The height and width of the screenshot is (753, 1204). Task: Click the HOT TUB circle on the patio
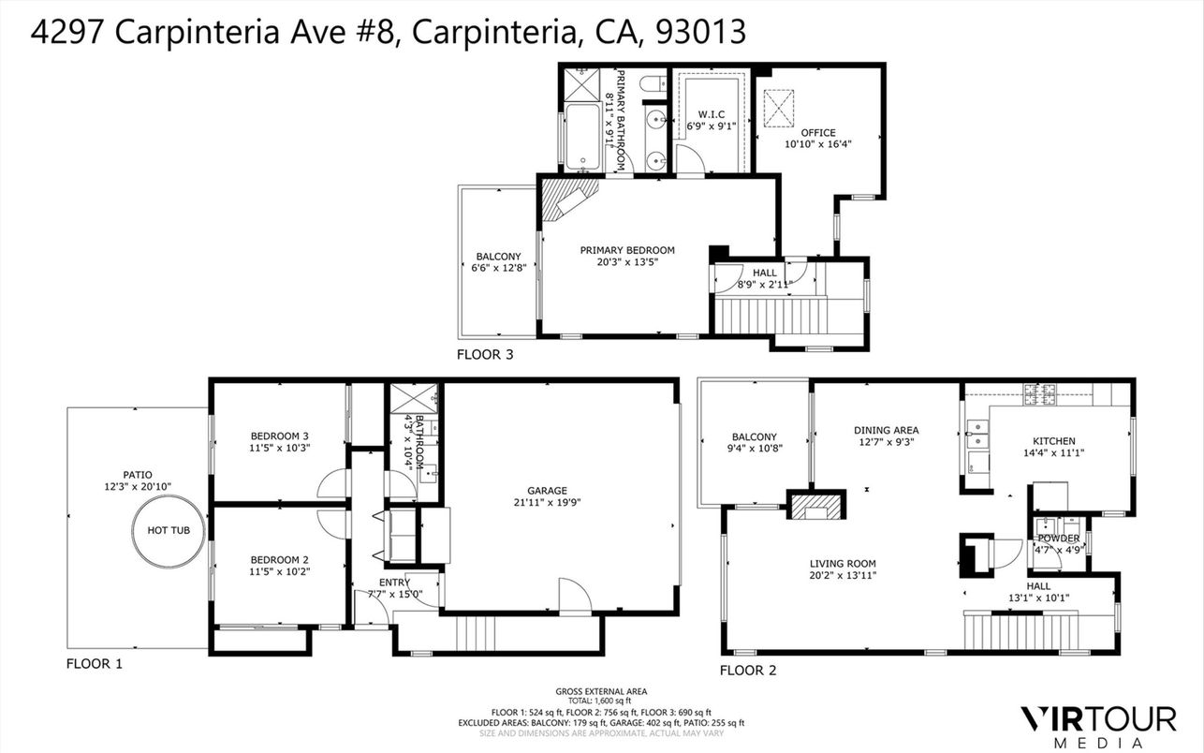(x=169, y=530)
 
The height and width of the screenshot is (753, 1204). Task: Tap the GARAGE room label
(x=547, y=491)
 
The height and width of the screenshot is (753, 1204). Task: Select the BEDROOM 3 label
(x=279, y=436)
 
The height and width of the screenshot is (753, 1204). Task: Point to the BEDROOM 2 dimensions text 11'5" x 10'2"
(x=279, y=571)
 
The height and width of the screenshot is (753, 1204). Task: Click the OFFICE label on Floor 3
(x=817, y=133)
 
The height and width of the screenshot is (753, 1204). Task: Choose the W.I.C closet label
(x=712, y=114)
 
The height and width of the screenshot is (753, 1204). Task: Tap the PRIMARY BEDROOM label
(x=626, y=250)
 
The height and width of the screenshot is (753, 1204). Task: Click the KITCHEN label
(x=1053, y=441)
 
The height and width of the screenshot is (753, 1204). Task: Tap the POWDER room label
(x=1058, y=539)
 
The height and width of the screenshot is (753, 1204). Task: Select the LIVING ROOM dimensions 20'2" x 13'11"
(x=843, y=576)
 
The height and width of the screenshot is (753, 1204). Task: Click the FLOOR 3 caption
(x=484, y=355)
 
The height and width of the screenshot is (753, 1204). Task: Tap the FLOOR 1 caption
(x=94, y=664)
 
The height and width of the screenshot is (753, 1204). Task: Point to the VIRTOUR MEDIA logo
(x=1097, y=725)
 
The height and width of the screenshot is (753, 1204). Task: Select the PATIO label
(x=137, y=475)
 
